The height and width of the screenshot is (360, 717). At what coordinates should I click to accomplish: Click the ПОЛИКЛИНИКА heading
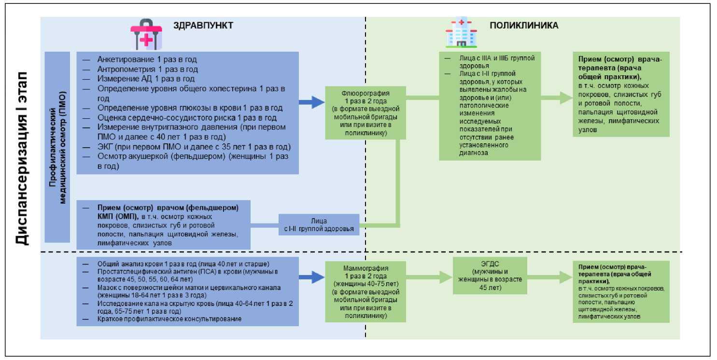point(524,26)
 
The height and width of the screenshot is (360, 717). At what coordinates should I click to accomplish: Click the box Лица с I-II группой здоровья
point(319,225)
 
